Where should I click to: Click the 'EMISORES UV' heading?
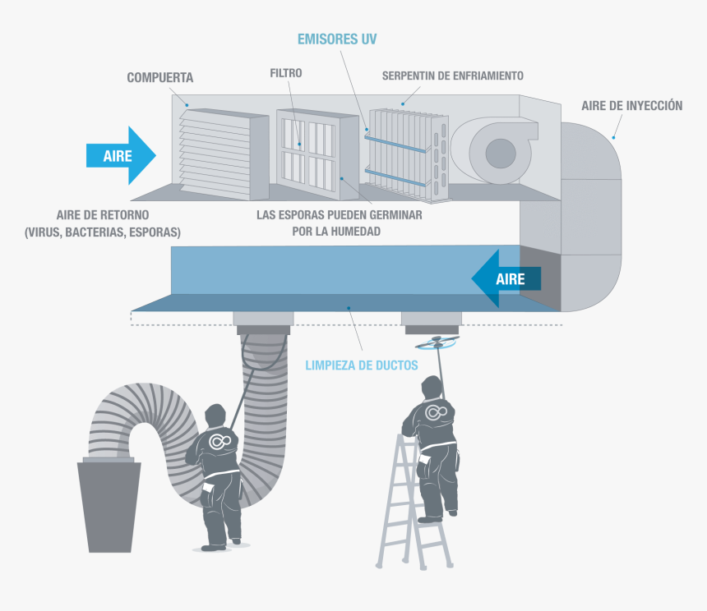click(x=337, y=39)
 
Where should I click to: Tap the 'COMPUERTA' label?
click(x=160, y=78)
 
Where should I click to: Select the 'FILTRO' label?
click(x=286, y=73)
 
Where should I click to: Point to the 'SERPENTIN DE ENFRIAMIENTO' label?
click(x=452, y=76)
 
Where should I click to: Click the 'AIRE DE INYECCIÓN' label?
click(x=631, y=106)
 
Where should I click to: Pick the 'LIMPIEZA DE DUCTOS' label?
click(x=362, y=365)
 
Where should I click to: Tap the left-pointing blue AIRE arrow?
click(x=506, y=279)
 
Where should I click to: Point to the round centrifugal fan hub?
click(x=500, y=153)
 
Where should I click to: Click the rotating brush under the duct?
click(x=436, y=339)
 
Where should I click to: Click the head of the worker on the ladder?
click(x=432, y=388)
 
